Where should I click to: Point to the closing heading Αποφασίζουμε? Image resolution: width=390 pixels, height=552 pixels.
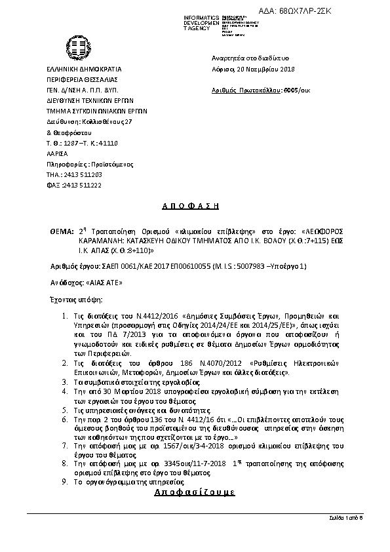[194, 492]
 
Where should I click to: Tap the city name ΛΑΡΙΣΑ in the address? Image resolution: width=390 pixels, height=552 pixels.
[56, 153]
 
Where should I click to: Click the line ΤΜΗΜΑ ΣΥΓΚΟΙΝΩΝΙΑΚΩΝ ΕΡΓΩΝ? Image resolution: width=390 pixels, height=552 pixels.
[96, 111]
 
